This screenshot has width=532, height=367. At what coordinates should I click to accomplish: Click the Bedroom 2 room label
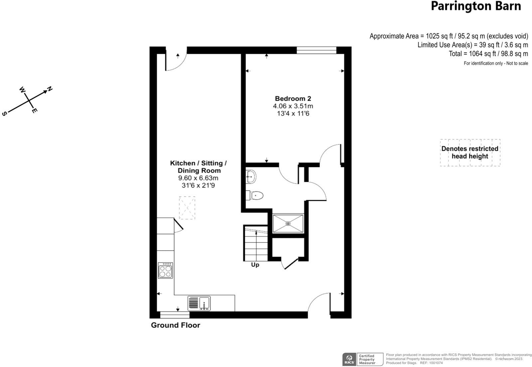(293, 98)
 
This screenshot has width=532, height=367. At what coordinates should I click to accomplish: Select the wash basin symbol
(251, 177)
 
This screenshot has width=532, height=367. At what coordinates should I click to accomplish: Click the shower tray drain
(288, 224)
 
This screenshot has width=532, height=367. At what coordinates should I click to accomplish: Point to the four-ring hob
(165, 270)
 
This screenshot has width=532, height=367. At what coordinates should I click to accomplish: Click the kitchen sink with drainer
(199, 303)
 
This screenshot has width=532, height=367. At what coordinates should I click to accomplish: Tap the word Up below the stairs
(255, 265)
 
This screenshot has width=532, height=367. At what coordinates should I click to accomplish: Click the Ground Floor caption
(175, 325)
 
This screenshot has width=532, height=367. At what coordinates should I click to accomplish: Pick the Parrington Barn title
(475, 6)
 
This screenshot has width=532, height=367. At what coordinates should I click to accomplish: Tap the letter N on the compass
(50, 89)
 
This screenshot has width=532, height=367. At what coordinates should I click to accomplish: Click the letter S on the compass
(5, 114)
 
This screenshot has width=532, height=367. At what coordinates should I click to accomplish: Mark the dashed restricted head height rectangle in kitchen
(187, 208)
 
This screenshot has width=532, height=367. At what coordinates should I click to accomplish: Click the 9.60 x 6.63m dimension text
(198, 178)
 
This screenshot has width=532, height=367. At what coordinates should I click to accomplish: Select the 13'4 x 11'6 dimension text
(293, 114)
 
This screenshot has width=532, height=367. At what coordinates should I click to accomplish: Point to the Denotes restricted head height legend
(470, 153)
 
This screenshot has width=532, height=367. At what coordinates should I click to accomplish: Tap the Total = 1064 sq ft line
(488, 54)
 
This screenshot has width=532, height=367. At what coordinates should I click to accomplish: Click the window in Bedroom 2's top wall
(316, 50)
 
